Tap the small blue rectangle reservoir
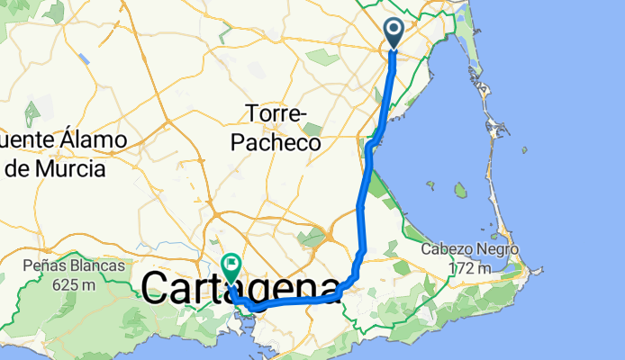tap(84, 58)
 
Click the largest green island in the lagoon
tap(460, 190)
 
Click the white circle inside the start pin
tap(395, 28)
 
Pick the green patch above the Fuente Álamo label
tap(32, 115)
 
